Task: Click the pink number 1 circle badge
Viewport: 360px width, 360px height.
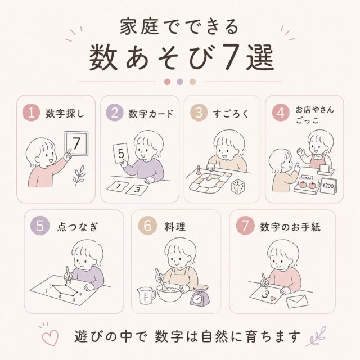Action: pos(31,112)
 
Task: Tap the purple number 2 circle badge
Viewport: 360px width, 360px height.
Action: pos(115,112)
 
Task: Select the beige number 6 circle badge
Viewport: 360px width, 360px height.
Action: pos(147,226)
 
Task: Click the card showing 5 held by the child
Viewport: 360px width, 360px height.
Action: pos(121,153)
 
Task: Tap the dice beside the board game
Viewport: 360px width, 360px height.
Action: pos(237,186)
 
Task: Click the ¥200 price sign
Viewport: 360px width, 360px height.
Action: pos(328,186)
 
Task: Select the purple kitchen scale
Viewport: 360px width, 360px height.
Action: pos(200,296)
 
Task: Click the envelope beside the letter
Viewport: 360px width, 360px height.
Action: pos(298,301)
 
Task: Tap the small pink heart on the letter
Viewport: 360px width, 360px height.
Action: pos(273,299)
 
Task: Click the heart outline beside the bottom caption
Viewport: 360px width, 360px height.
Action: pos(50,337)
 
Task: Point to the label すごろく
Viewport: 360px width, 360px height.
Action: pos(231,114)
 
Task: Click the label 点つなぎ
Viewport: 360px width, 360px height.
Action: pos(78,227)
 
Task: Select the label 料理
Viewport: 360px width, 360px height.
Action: pos(175,227)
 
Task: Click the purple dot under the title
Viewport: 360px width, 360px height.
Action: pos(180,82)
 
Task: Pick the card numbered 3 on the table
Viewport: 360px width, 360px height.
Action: pos(137,190)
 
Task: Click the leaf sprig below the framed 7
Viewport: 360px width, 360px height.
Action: pos(79,175)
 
